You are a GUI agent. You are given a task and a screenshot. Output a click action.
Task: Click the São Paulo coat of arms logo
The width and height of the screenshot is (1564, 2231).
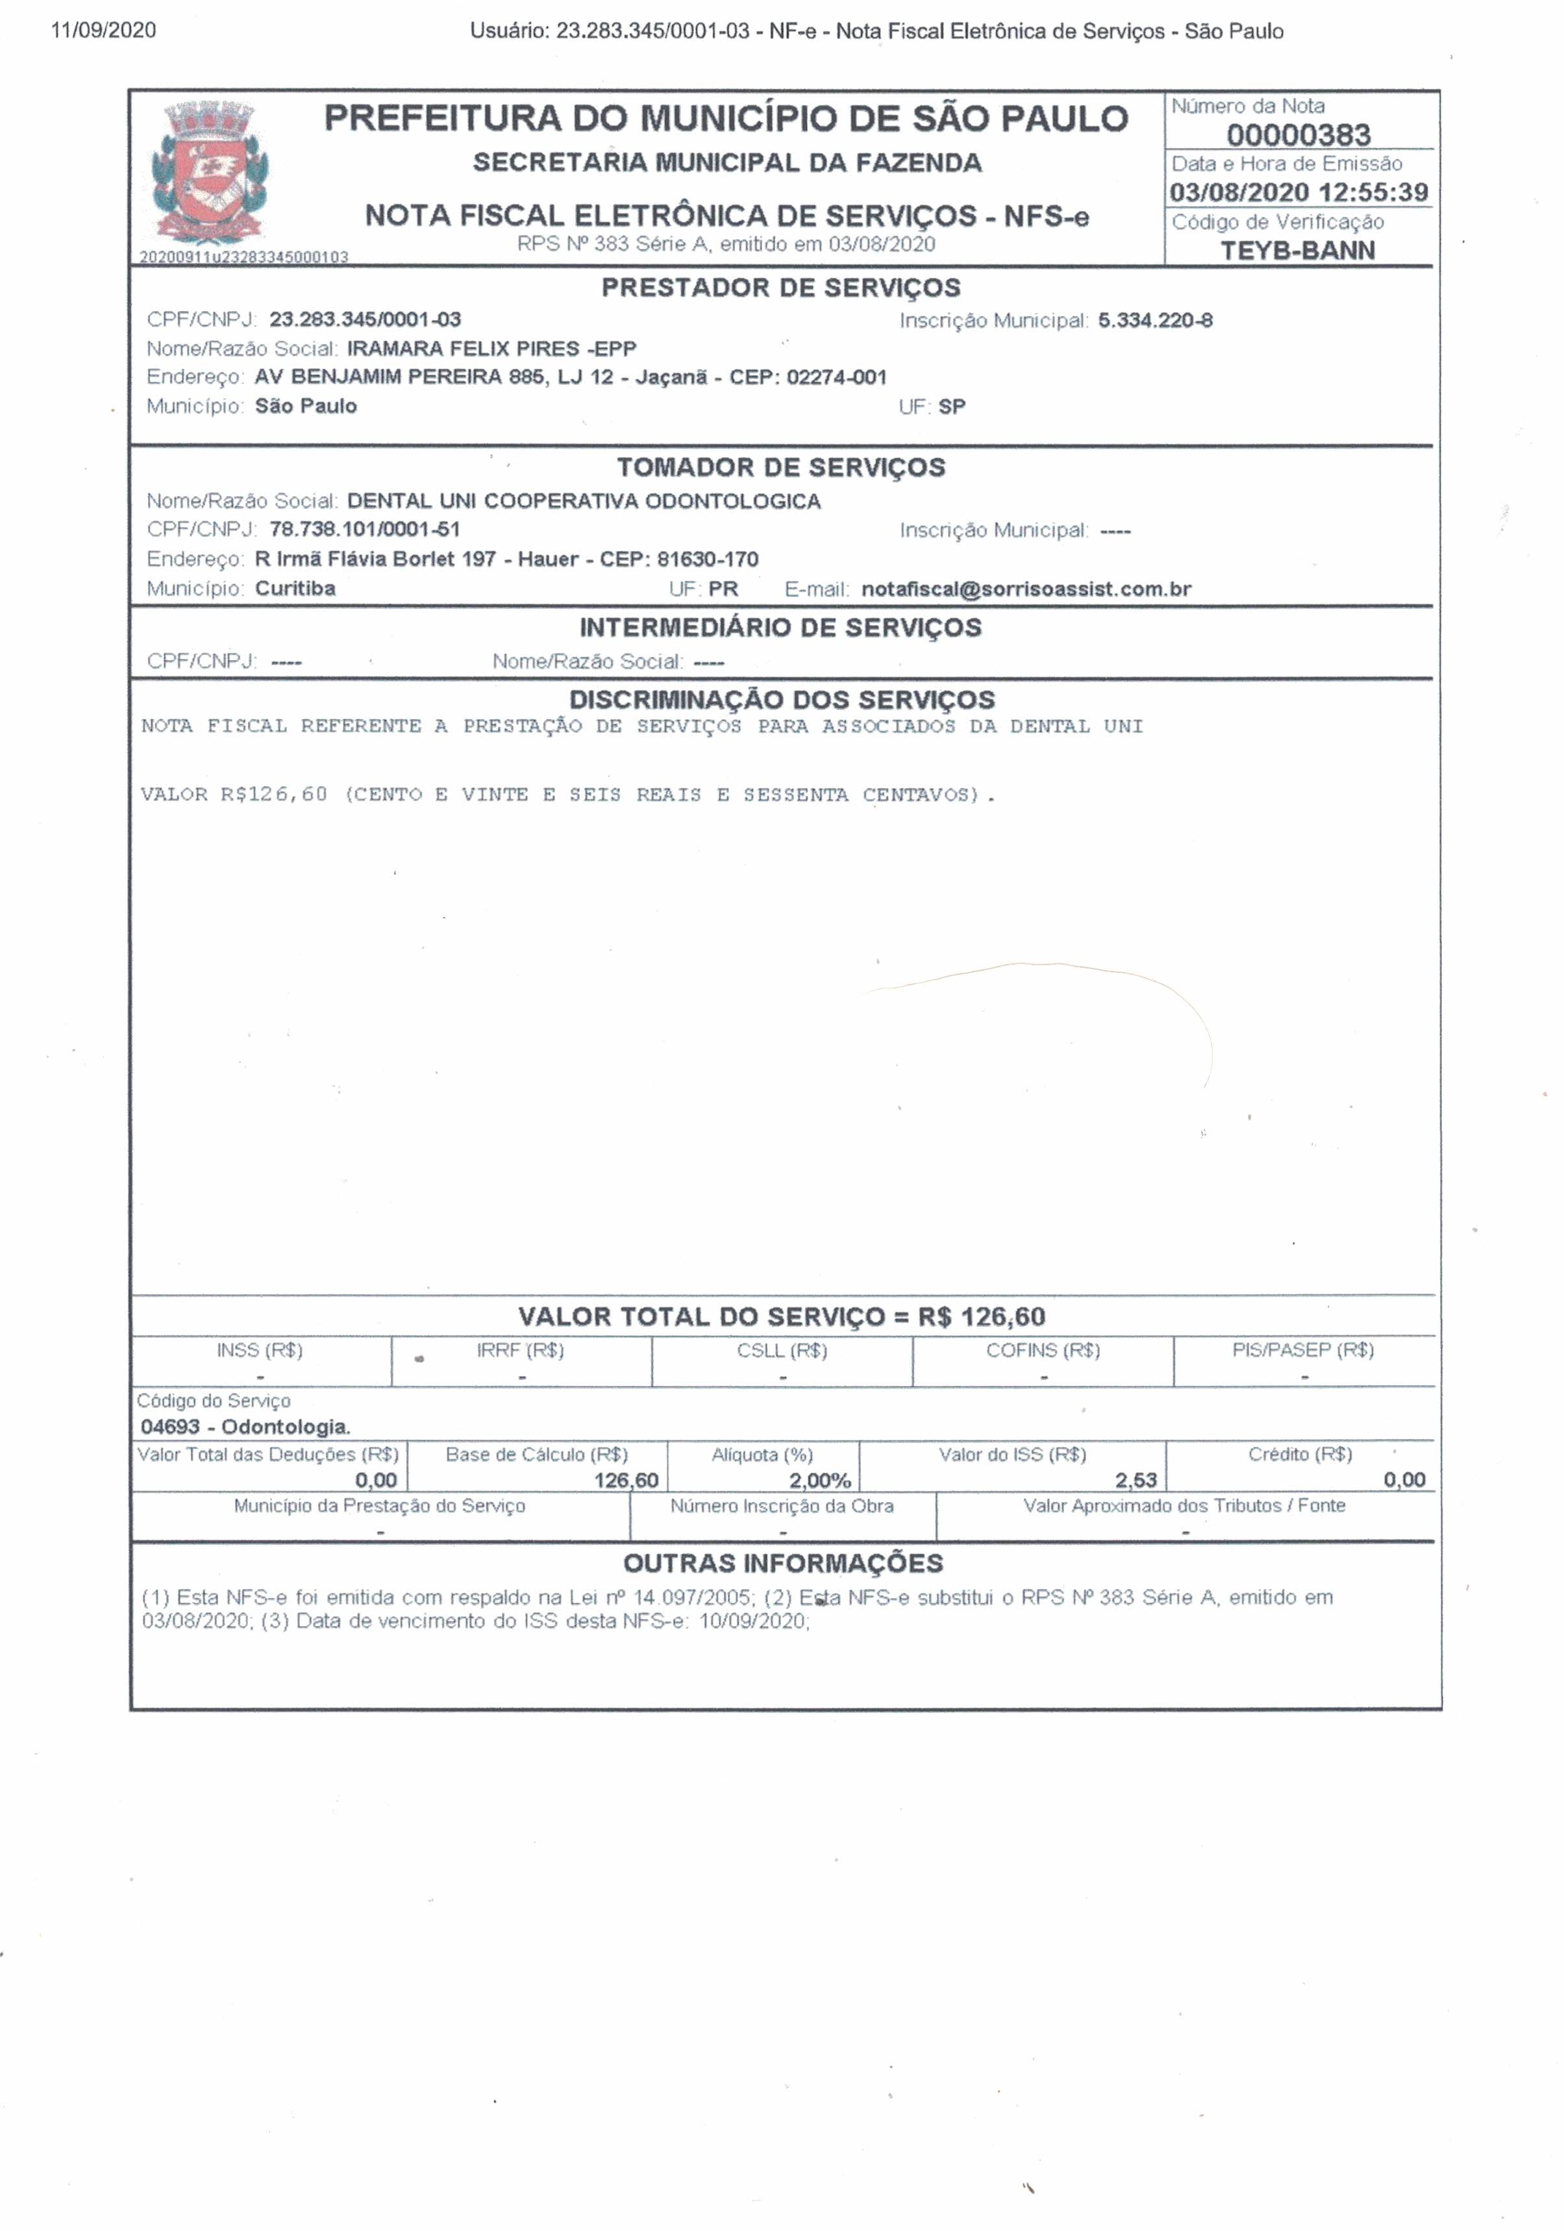coord(209,172)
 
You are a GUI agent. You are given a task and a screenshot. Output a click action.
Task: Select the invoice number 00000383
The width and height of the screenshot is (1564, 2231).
coord(1298,134)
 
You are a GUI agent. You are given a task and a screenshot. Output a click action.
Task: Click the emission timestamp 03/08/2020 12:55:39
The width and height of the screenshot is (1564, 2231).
coord(1298,192)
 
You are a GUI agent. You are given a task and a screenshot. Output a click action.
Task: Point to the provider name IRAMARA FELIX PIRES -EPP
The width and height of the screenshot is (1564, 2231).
coord(491,349)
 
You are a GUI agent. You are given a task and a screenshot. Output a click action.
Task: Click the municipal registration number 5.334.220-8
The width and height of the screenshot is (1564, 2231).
coord(1155,321)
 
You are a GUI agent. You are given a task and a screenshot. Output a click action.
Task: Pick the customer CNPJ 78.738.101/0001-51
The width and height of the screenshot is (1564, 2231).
coord(364,530)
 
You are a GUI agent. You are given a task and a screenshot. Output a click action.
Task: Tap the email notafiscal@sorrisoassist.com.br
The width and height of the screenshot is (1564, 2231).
coord(1026,589)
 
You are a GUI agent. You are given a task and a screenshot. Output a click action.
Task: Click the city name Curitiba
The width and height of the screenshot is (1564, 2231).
coord(295,588)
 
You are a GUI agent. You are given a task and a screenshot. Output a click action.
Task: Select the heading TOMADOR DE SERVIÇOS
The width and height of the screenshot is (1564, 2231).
coord(780,467)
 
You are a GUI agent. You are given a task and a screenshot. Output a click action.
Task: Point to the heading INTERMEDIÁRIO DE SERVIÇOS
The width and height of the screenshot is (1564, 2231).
coord(780,628)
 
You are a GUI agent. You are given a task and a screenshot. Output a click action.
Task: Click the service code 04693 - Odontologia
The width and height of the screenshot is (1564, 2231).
coord(245,1427)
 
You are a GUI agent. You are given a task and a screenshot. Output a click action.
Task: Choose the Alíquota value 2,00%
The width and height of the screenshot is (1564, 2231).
coord(819,1480)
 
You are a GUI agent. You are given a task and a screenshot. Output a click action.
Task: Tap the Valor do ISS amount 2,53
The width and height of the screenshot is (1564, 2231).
coord(1136,1480)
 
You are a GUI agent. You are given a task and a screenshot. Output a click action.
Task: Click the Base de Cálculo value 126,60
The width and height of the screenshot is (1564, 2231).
coord(626,1480)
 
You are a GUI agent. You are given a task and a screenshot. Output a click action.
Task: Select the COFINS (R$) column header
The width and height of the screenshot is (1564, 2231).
coord(1043,1350)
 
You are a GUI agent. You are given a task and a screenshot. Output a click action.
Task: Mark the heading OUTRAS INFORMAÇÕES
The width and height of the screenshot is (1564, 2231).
coord(782,1564)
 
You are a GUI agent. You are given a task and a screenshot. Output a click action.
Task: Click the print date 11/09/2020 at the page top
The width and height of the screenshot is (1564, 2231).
coord(103,30)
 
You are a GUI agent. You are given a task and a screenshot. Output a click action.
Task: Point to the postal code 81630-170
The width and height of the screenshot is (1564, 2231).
coord(708,560)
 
